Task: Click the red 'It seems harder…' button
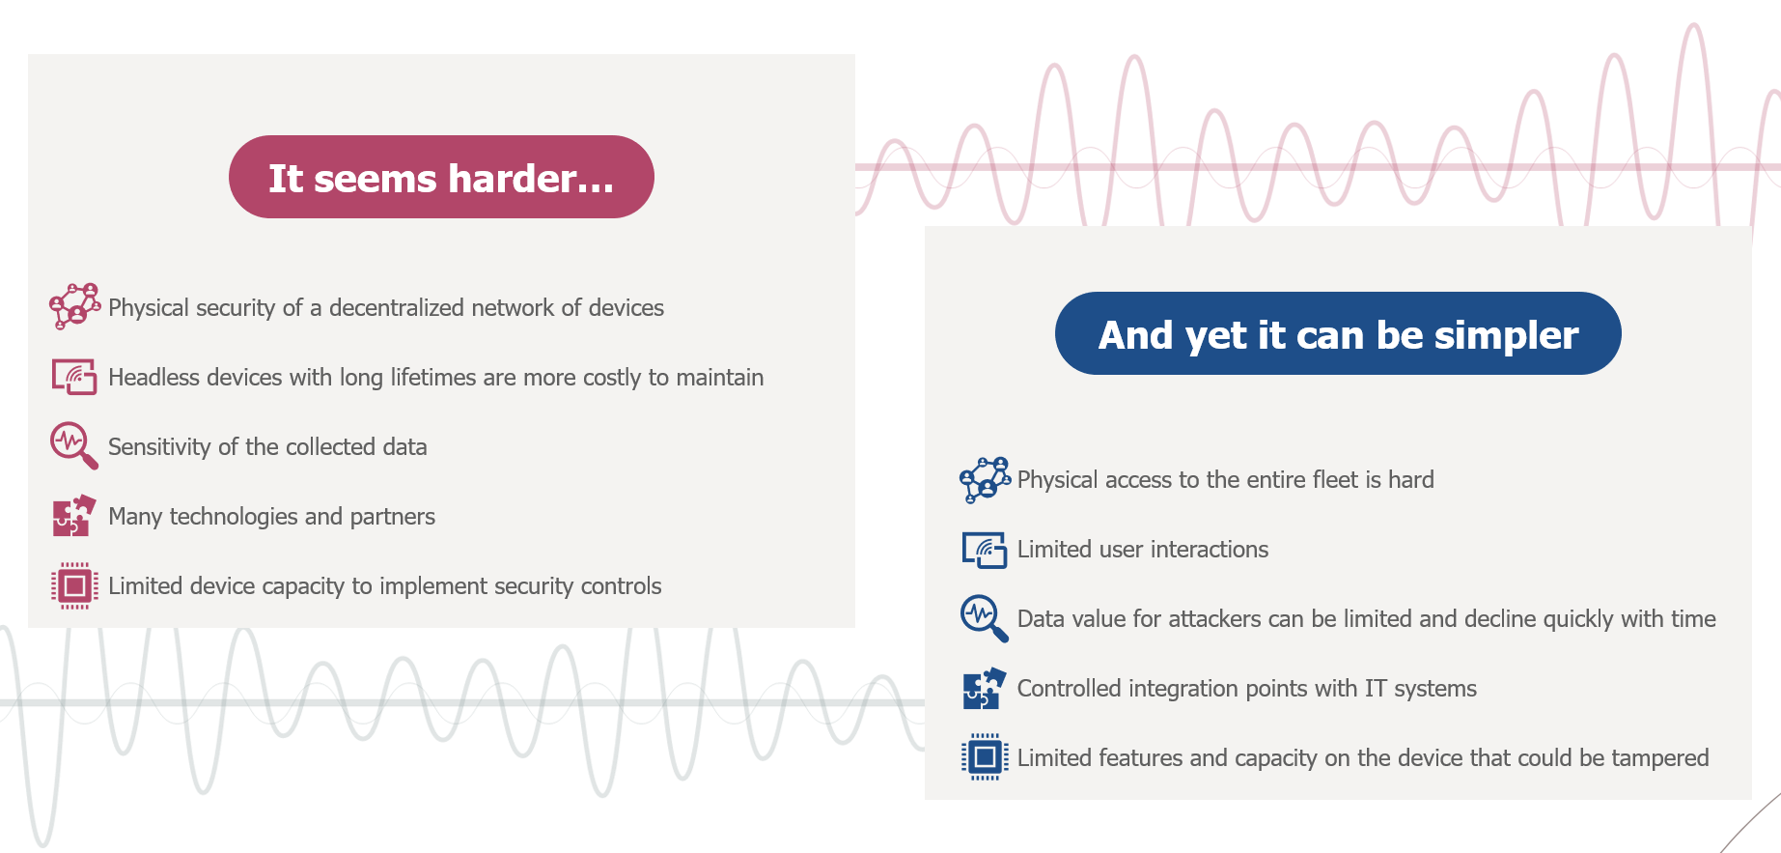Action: [x=441, y=177]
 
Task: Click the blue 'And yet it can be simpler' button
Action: [x=1338, y=333]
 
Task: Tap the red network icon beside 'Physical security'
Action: [x=74, y=306]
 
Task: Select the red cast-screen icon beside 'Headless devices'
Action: [x=74, y=377]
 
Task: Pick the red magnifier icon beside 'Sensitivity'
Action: [x=74, y=445]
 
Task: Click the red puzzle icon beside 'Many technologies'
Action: [x=74, y=516]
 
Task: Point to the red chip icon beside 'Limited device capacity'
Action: [x=74, y=585]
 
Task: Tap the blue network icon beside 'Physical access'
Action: [x=985, y=479]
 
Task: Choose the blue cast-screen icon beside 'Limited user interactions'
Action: [x=985, y=550]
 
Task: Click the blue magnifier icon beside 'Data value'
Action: [x=985, y=618]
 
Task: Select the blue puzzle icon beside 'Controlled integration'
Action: [x=985, y=689]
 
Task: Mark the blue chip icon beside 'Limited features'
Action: [x=985, y=757]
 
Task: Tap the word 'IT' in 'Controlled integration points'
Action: [x=1375, y=688]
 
